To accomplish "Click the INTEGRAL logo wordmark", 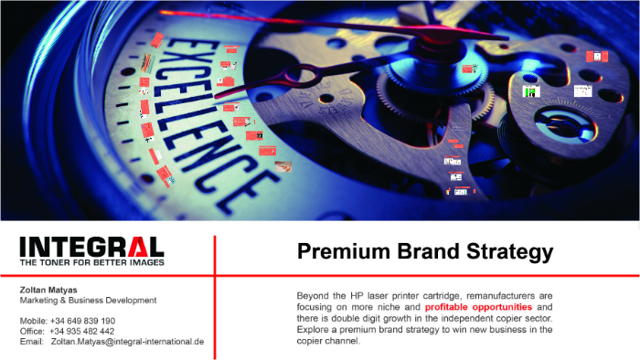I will [x=91, y=247].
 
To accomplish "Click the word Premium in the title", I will [x=342, y=252].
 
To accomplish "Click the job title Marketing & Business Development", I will [x=88, y=300].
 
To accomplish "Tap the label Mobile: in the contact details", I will [x=33, y=321].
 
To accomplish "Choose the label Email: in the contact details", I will [x=32, y=341].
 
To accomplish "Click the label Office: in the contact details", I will [x=33, y=331].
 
